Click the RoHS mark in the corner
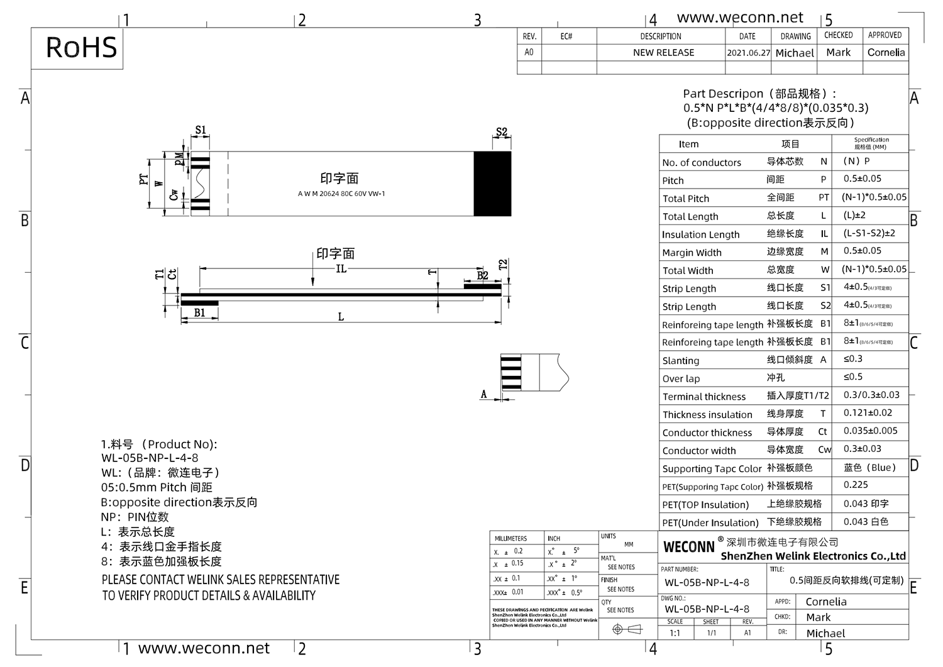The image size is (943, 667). click(81, 48)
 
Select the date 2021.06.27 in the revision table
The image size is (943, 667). click(748, 53)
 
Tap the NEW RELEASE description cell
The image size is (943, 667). click(663, 53)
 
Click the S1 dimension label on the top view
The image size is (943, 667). click(200, 131)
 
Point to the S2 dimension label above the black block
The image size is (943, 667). click(501, 132)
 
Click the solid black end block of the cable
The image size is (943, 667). click(492, 184)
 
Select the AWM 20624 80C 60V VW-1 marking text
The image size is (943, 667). click(341, 194)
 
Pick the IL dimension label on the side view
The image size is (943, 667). click(341, 268)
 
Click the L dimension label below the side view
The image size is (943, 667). click(341, 317)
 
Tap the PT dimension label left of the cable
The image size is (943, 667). click(144, 180)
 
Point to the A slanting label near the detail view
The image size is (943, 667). click(483, 394)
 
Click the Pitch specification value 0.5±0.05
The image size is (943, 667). click(863, 179)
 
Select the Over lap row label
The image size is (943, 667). click(681, 378)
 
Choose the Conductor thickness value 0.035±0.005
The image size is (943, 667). click(870, 431)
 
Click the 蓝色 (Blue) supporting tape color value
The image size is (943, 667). click(869, 468)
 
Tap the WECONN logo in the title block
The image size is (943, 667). click(689, 547)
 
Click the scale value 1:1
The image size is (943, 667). click(675, 633)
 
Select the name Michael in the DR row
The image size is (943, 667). click(825, 633)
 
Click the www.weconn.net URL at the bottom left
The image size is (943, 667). click(204, 648)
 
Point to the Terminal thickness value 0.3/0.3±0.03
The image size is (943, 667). click(871, 395)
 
